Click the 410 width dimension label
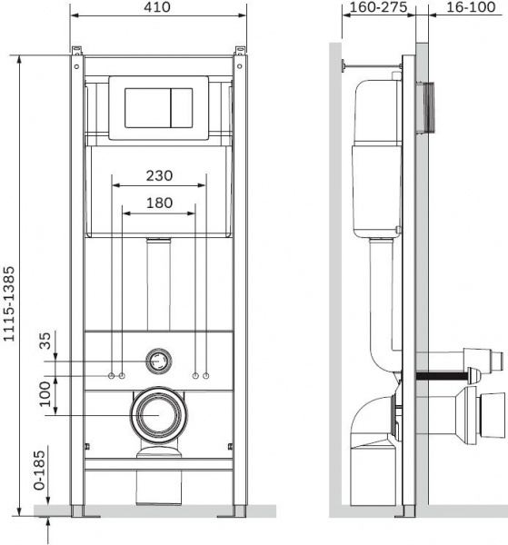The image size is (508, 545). (x=157, y=6)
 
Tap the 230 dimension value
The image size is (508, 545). (x=159, y=175)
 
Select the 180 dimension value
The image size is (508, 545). (x=159, y=203)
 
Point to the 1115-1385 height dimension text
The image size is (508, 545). (x=9, y=303)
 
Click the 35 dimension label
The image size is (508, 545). (x=45, y=341)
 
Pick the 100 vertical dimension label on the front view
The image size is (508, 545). (x=45, y=394)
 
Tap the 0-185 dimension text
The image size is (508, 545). (x=40, y=470)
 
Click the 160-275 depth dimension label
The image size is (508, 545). (x=378, y=6)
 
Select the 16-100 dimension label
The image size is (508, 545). (x=471, y=6)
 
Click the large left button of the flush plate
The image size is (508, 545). (x=148, y=108)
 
